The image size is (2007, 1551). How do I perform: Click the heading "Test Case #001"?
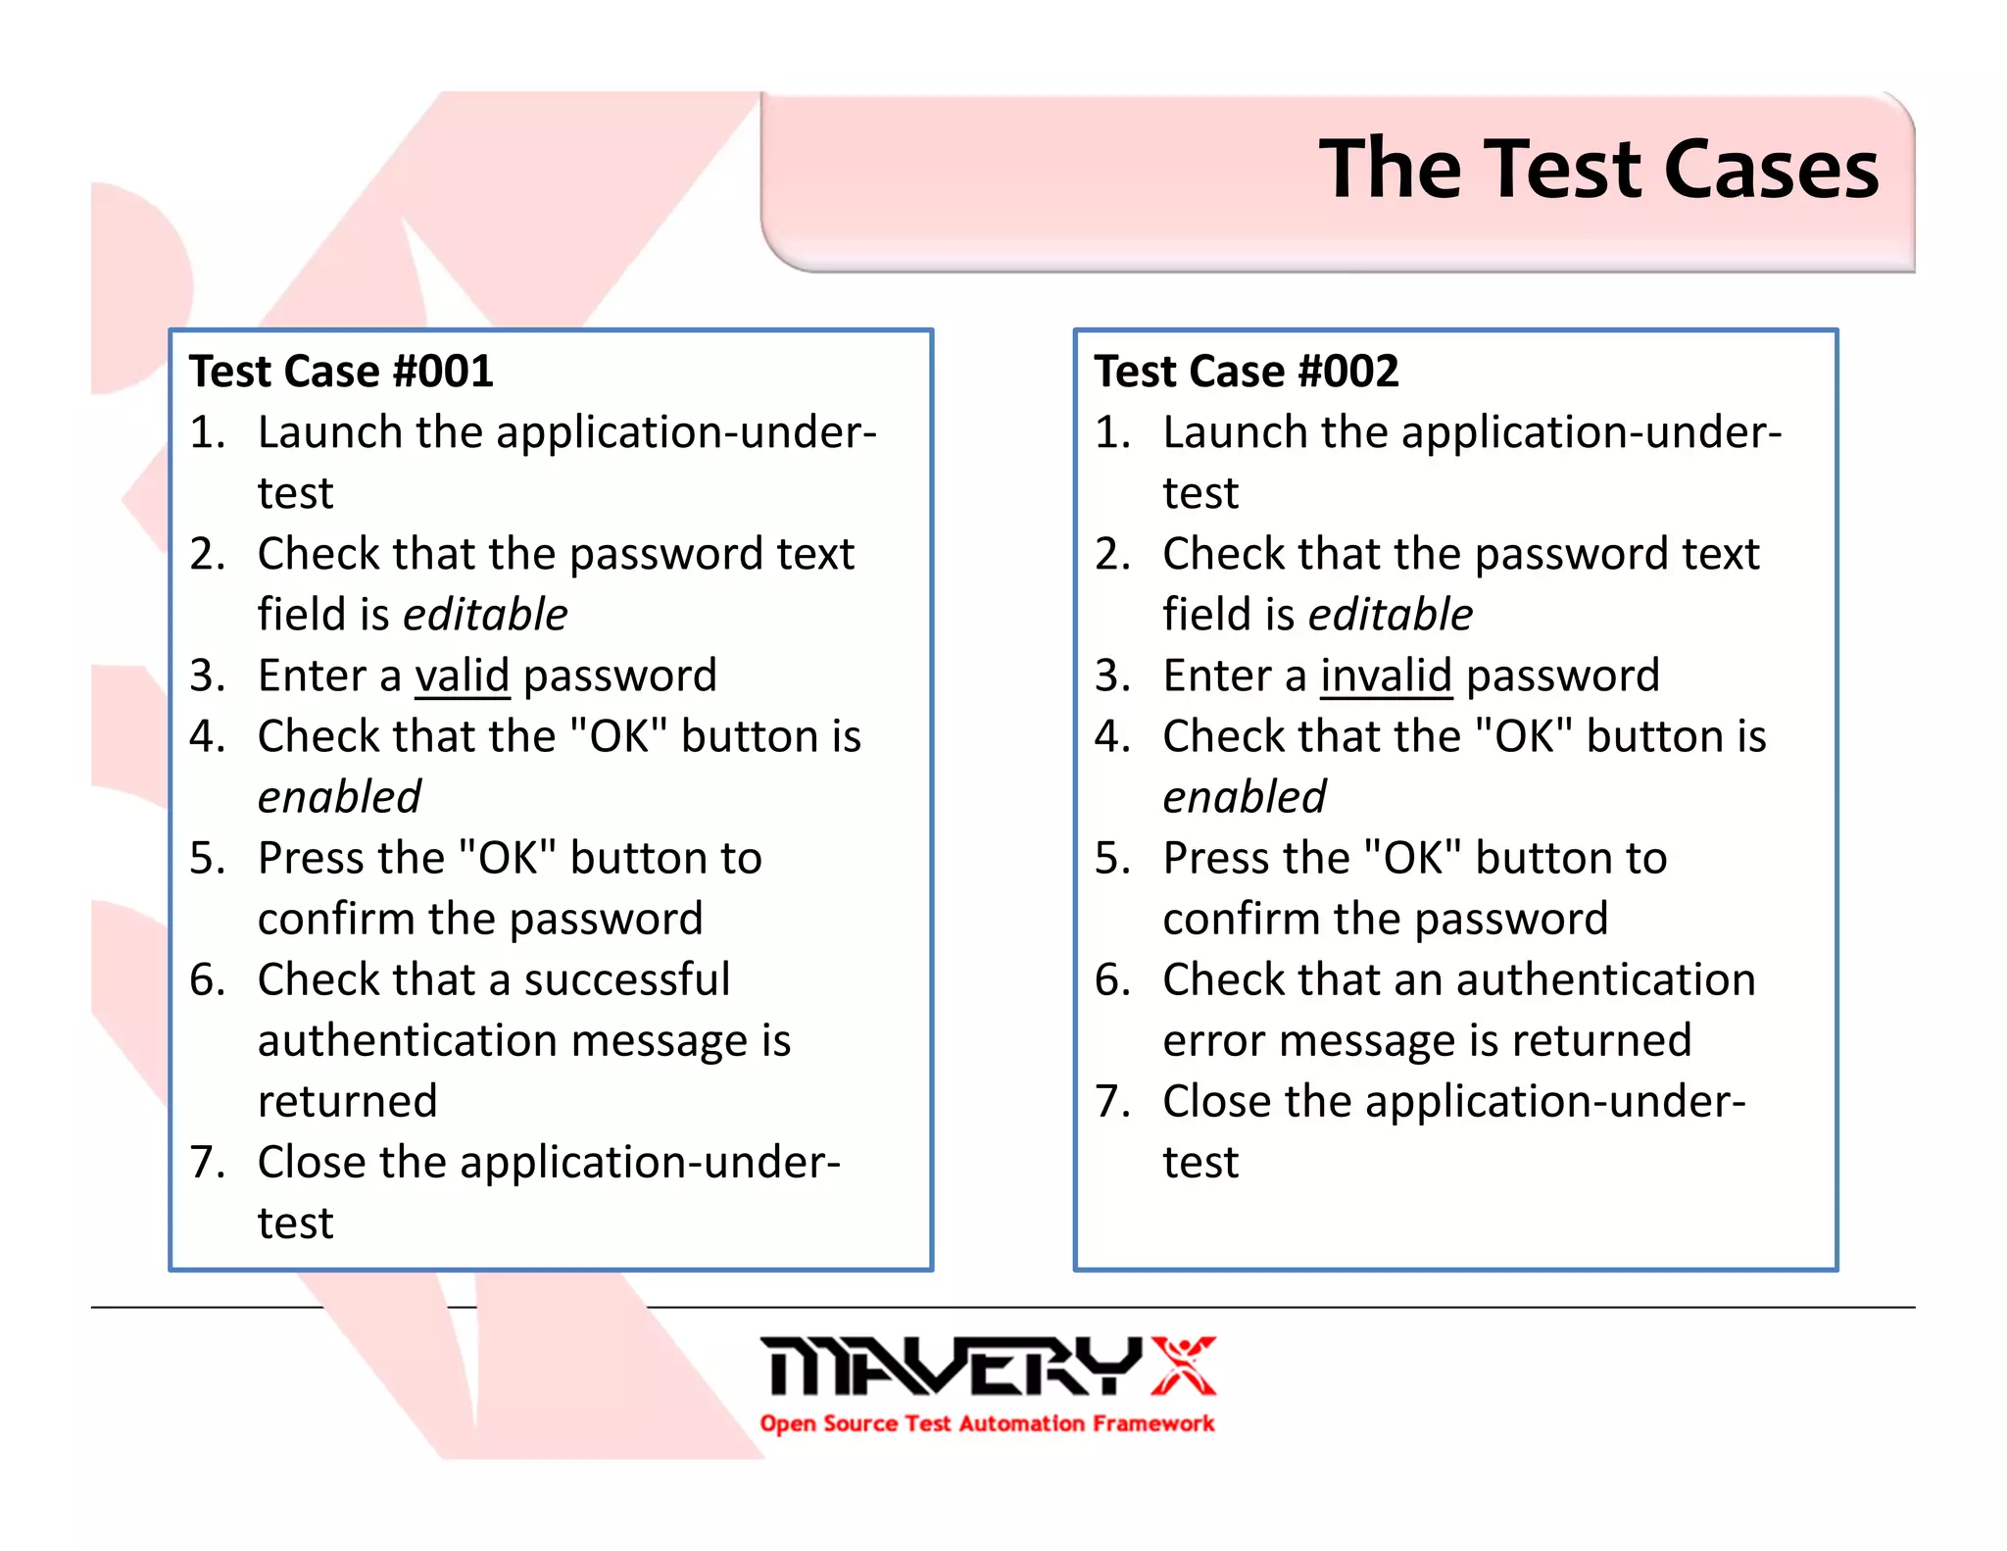341,372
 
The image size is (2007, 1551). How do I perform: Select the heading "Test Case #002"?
1247,372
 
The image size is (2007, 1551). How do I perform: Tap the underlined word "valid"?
462,675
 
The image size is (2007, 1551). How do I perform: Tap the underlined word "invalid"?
1386,675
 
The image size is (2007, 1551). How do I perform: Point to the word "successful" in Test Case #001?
626,979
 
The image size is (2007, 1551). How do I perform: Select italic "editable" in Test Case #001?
485,615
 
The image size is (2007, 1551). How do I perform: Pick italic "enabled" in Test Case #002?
1245,797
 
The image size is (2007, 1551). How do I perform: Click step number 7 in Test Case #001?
207,1163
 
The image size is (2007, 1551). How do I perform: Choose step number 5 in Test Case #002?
1112,859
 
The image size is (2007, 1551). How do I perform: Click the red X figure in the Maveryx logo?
1183,1365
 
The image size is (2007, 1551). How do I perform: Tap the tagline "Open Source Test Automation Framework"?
987,1424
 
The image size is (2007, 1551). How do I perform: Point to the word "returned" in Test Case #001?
347,1102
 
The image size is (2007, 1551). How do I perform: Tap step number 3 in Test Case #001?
207,675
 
